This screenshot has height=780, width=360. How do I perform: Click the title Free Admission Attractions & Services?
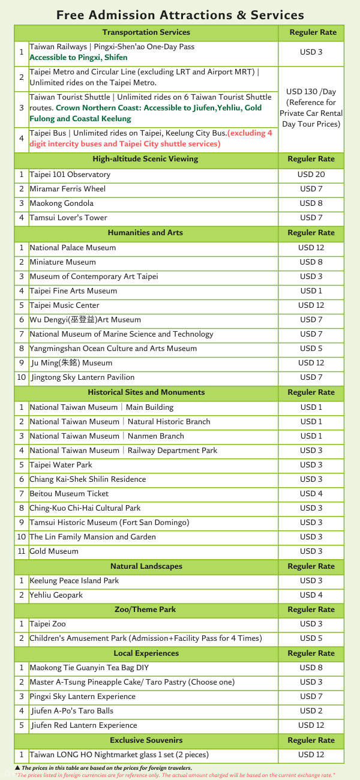pos(180,15)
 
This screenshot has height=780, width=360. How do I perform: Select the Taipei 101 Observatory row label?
pos(70,175)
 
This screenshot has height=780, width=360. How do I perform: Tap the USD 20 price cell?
pos(311,175)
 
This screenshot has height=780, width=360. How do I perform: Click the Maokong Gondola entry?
pos(62,203)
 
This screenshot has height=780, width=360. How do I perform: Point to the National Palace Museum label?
pos(73,248)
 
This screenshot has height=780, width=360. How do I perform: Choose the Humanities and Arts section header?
pos(145,233)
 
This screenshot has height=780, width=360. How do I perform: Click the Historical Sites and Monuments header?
pos(146,392)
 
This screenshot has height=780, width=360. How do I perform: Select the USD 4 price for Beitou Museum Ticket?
pos(311,494)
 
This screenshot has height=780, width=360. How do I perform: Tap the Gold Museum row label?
pos(54,551)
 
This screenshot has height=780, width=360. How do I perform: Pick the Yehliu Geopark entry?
pos(56,595)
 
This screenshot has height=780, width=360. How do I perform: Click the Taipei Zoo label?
pos(47,624)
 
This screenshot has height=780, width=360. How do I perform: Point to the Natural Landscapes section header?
pos(146,566)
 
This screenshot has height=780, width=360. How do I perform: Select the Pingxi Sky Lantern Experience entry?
pos(83,697)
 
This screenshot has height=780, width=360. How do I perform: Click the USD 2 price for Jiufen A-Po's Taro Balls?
pos(311,711)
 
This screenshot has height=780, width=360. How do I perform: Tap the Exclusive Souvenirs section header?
pos(146,740)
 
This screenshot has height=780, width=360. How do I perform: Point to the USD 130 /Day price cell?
pos(311,108)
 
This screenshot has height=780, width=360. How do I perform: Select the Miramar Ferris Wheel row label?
pos(68,189)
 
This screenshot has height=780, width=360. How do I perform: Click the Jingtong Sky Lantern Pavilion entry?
pos(83,377)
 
